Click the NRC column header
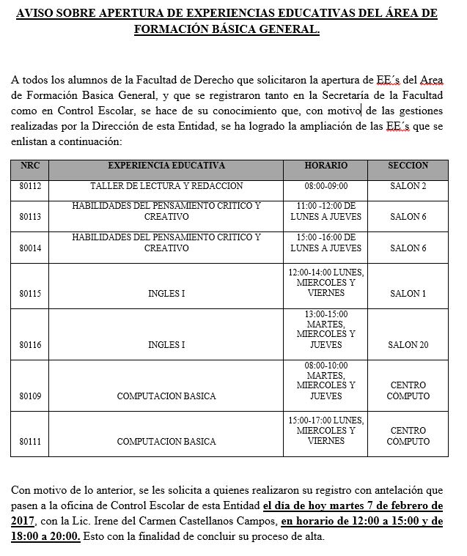click(31, 166)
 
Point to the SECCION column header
click(408, 166)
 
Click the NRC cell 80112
click(31, 187)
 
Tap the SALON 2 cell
click(408, 187)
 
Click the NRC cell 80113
click(31, 217)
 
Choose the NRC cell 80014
click(31, 248)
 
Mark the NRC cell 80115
click(31, 294)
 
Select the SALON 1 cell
click(408, 294)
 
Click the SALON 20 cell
click(408, 344)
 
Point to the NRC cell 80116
click(31, 344)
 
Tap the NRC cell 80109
click(31, 396)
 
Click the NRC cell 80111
click(31, 442)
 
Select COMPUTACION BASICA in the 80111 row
click(166, 442)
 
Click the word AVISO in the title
click(38, 14)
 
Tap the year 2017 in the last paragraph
click(26, 522)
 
